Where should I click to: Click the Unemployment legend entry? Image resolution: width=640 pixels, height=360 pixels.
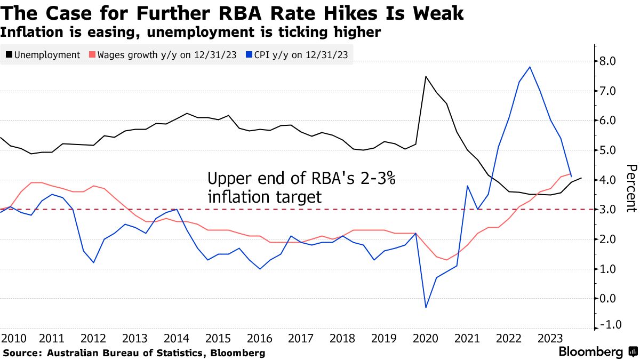tap(43, 55)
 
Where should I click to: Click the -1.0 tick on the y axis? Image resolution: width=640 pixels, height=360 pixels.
tap(608, 325)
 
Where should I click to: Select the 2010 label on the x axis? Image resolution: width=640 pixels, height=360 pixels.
tap(13, 339)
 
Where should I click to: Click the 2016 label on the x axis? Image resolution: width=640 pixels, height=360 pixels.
tap(258, 339)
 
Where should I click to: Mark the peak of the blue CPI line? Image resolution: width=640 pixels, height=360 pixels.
tap(529, 67)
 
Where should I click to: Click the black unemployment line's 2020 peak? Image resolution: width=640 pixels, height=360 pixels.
tap(426, 76)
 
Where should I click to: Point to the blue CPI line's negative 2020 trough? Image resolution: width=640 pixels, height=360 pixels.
tap(426, 307)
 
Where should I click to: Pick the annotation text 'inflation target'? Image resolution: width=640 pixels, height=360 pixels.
tap(265, 197)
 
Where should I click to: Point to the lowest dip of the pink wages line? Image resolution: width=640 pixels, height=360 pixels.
tap(446, 260)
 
